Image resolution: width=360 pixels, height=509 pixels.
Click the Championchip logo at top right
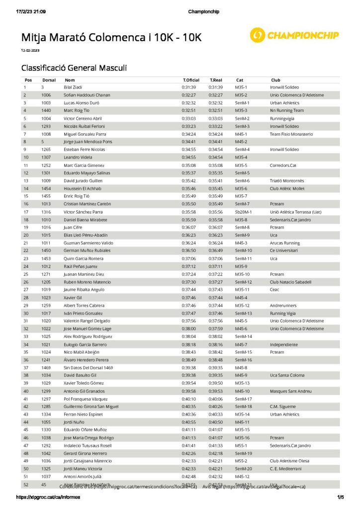[294, 35]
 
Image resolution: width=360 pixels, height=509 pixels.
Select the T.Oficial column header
[191, 80]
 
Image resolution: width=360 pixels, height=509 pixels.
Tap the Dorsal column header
[49, 80]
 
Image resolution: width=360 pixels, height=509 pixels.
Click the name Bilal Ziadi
[73, 87]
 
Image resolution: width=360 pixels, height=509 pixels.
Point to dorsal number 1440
[46, 110]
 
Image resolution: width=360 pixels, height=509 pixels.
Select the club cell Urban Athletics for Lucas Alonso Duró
[284, 103]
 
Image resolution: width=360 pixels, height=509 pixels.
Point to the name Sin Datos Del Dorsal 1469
[89, 367]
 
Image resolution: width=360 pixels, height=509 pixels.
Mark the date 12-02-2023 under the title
[30, 51]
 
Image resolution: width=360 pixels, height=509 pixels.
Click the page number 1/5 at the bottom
[341, 497]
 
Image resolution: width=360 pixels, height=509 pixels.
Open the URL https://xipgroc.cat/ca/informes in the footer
[41, 497]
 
